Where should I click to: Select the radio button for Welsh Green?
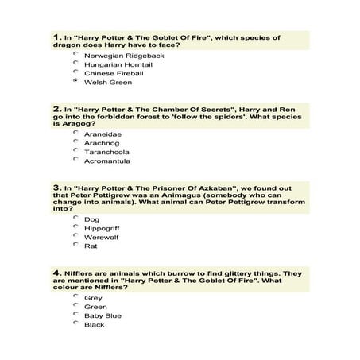tap(75, 81)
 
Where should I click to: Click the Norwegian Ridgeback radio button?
tap(75, 55)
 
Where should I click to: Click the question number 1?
tap(56, 37)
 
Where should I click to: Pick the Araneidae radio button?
tap(75, 133)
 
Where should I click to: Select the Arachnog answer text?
tap(101, 142)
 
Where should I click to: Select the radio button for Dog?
tap(75, 217)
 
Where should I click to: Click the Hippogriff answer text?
tap(103, 227)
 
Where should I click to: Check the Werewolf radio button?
tap(75, 235)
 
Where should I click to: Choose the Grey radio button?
tap(75, 296)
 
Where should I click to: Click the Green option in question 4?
tap(95, 307)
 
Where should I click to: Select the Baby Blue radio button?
tap(75, 315)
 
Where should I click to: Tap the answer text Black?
tap(95, 324)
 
